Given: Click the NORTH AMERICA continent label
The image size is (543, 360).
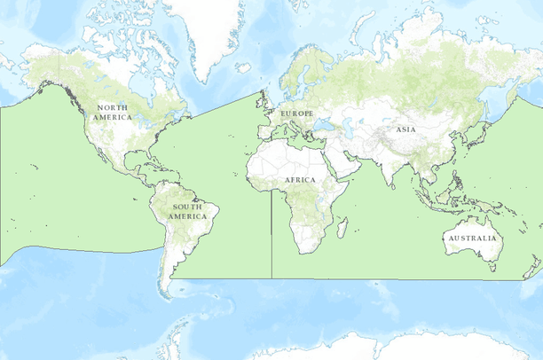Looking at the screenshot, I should [114, 113].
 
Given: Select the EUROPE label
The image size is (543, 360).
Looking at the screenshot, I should [296, 114].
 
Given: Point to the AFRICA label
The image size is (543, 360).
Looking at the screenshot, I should [300, 180].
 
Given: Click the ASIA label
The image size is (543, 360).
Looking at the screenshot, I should [405, 129].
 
